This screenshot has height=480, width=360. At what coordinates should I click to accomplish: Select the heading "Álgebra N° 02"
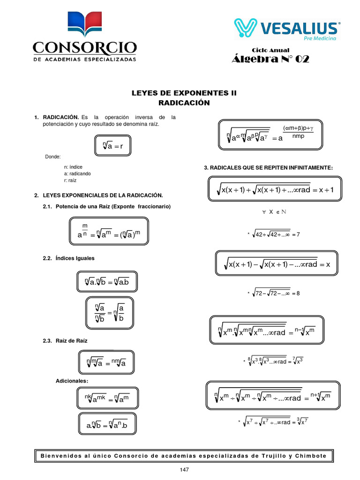click(x=270, y=59)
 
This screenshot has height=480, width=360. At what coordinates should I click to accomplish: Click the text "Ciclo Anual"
click(x=270, y=50)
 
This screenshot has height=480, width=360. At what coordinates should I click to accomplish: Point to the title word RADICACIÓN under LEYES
click(x=184, y=103)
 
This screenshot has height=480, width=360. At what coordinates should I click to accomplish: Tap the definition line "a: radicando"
click(x=77, y=173)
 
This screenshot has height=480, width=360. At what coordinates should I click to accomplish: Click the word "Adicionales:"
click(x=72, y=381)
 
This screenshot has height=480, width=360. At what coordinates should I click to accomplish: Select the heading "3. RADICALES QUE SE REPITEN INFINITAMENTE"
click(x=268, y=167)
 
